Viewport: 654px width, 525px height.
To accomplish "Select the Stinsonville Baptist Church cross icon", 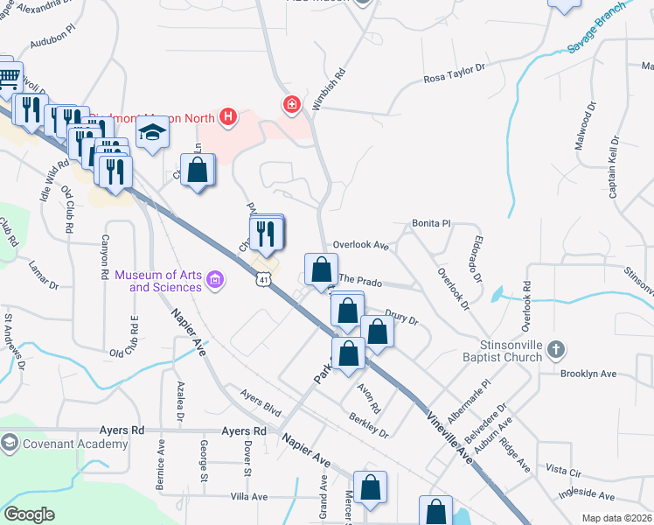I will (x=555, y=351).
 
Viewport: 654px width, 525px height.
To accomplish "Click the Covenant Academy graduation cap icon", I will (x=10, y=443).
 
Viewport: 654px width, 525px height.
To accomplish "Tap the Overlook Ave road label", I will (x=360, y=246).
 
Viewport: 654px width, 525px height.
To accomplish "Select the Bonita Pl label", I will (x=431, y=224).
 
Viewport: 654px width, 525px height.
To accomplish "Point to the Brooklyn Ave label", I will (x=588, y=374).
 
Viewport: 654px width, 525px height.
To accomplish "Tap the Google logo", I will (x=29, y=514).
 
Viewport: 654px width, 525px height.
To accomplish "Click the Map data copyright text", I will (x=617, y=518).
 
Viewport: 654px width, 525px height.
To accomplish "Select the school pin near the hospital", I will (x=152, y=134).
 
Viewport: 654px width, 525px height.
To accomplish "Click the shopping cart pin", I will (x=8, y=80).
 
